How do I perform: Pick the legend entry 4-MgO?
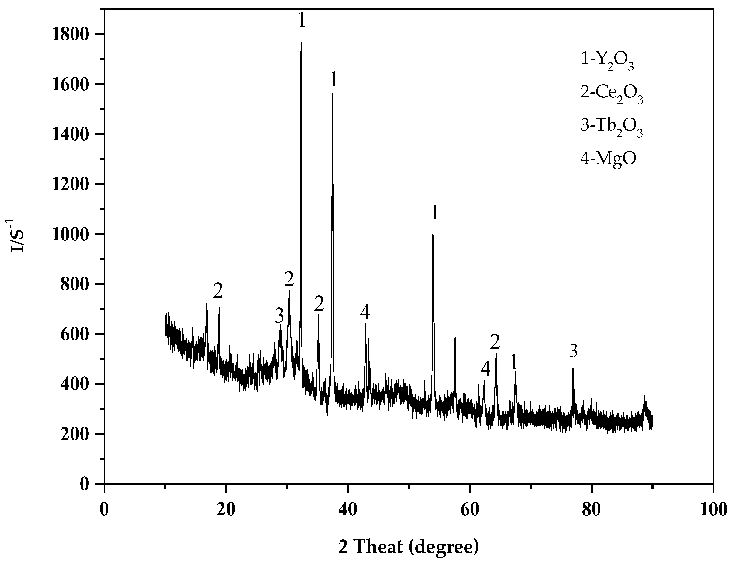[608, 158]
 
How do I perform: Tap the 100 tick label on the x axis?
[713, 510]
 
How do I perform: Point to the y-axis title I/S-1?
[17, 235]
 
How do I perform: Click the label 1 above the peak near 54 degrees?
[435, 213]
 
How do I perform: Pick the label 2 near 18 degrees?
[218, 291]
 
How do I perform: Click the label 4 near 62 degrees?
[485, 369]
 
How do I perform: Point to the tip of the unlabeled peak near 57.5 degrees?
[455, 328]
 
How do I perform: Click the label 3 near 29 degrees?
[279, 316]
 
